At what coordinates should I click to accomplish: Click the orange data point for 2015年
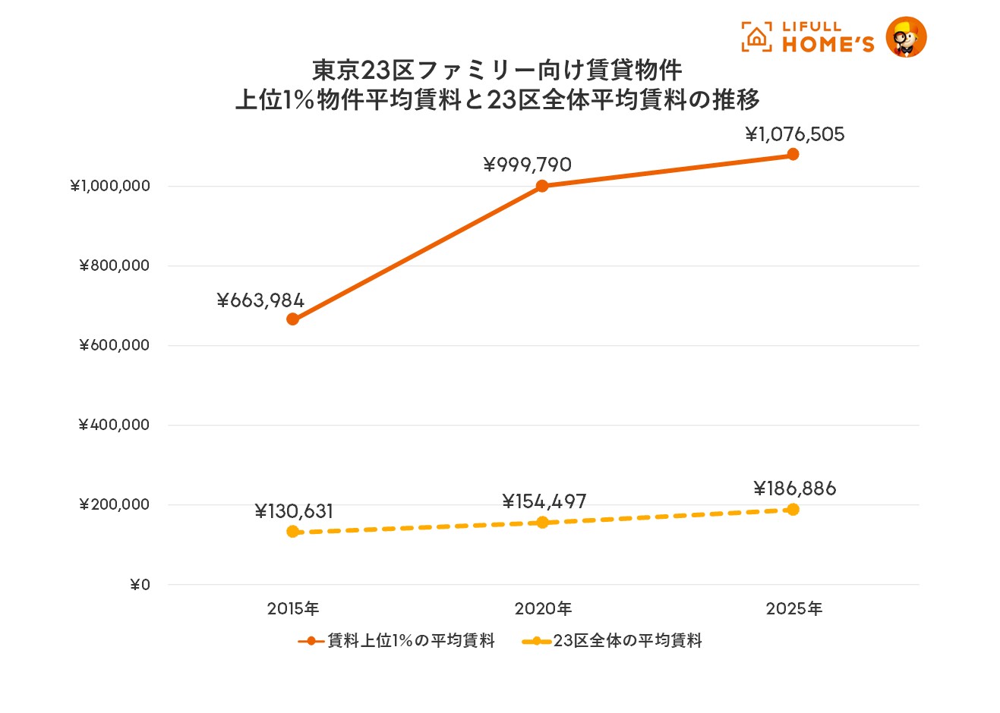[x=292, y=319]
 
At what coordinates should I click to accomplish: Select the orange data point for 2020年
[x=542, y=186]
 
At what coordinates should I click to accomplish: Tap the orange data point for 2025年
[x=793, y=155]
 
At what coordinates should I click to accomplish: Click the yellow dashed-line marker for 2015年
[x=292, y=532]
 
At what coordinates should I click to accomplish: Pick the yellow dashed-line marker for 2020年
[x=542, y=522]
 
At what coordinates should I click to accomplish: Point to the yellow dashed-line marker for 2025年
[x=793, y=509]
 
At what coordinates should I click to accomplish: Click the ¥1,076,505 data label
[x=794, y=135]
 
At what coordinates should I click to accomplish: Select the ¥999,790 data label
[x=528, y=165]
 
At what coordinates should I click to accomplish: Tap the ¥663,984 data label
[x=260, y=301]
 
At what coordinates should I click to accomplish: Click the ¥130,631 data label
[x=294, y=511]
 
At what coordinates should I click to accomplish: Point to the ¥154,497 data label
[x=544, y=501]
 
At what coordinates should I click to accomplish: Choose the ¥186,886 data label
[x=794, y=488]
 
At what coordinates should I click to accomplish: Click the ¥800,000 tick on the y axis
[x=115, y=265]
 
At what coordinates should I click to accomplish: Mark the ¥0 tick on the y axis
[x=140, y=585]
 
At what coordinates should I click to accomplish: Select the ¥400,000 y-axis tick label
[x=114, y=425]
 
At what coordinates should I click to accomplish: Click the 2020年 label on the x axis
[x=543, y=608]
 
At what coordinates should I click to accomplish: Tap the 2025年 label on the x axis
[x=793, y=608]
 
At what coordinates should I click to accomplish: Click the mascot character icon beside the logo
[x=907, y=37]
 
